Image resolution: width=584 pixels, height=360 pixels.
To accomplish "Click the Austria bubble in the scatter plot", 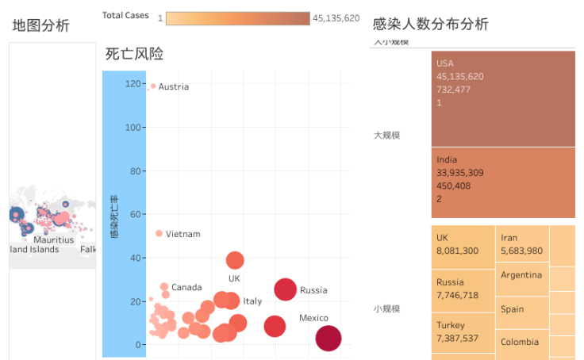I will (x=153, y=86).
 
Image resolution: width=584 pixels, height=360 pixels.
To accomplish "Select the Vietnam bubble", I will (x=159, y=233).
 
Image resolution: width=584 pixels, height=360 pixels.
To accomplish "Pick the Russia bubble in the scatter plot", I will (x=286, y=290).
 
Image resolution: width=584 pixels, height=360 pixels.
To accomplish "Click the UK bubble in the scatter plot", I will (x=235, y=260).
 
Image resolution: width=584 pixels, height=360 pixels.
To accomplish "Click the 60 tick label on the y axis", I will (x=117, y=214).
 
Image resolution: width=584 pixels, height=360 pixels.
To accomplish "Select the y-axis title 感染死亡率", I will (x=114, y=216).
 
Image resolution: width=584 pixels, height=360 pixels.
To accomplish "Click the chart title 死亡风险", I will (x=135, y=54).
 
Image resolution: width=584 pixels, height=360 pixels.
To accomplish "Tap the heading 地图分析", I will (x=41, y=25).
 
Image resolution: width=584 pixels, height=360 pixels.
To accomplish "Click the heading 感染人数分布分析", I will (x=431, y=24).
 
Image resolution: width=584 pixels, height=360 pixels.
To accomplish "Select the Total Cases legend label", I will (x=125, y=16).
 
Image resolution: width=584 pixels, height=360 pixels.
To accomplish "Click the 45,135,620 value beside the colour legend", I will (x=336, y=18).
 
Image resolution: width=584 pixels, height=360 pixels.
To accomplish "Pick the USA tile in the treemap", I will (x=503, y=98).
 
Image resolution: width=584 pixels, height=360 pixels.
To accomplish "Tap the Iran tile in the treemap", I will (x=521, y=244).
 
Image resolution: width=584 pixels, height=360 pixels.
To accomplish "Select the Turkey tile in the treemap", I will (x=463, y=331).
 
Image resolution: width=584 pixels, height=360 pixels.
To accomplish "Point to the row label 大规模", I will (x=387, y=135).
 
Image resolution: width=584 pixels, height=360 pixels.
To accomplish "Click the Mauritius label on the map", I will (x=53, y=239).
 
